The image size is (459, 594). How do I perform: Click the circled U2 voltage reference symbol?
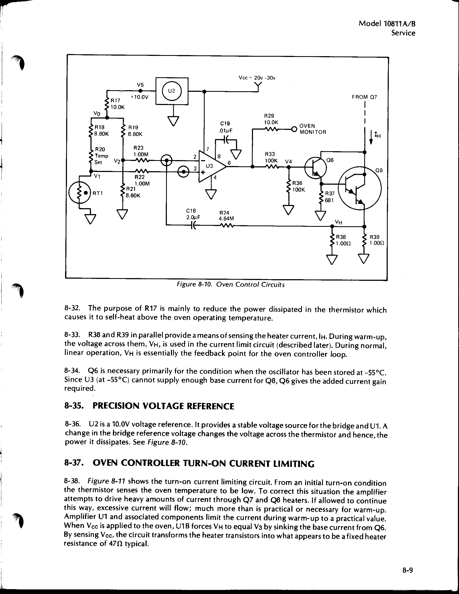click(x=171, y=91)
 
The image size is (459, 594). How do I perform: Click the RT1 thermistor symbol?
click(x=80, y=193)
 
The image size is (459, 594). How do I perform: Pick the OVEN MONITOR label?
click(x=313, y=129)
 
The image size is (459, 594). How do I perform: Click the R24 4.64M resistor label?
click(x=226, y=216)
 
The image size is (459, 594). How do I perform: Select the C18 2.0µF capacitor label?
click(x=193, y=214)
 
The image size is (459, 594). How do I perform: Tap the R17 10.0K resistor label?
click(x=117, y=104)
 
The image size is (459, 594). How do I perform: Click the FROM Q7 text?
click(x=364, y=97)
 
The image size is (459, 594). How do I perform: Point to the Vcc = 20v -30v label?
click(x=257, y=78)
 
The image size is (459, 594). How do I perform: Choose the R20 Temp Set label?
click(x=101, y=156)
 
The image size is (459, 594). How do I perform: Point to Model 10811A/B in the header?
click(x=387, y=24)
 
